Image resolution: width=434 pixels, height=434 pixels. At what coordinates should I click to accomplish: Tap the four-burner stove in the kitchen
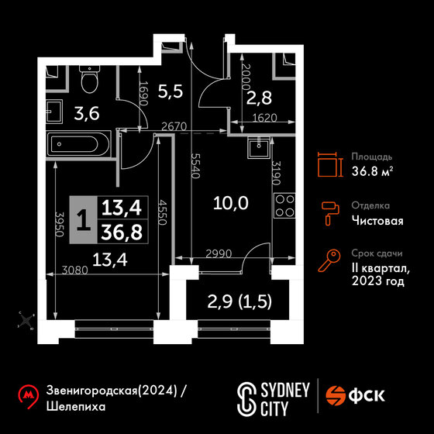point(284,205)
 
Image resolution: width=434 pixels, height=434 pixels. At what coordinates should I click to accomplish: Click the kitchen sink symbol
point(259,148)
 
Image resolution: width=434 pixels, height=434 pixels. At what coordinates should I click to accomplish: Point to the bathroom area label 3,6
point(87,114)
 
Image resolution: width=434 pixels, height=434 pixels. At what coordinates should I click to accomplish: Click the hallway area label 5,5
point(170,91)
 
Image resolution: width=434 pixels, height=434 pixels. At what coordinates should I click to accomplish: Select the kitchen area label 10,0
point(231,203)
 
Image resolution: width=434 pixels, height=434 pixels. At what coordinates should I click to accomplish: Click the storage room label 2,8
point(259,98)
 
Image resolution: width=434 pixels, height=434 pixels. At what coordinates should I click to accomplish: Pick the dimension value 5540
point(195,166)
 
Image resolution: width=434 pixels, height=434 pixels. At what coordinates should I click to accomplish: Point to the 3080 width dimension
point(74,270)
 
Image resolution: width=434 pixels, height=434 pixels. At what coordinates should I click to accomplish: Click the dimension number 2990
point(219,253)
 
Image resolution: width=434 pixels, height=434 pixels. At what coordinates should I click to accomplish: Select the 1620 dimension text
point(264,118)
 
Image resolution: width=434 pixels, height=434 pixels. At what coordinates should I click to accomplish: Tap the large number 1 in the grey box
point(84,220)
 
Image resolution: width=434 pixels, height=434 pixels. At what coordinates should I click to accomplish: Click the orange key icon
point(329,260)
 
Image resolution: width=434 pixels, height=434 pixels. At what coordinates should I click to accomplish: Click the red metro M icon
point(28,396)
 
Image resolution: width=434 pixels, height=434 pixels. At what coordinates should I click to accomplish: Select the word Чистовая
point(377,222)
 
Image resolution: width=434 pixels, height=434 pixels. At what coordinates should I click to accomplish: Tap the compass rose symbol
point(26,321)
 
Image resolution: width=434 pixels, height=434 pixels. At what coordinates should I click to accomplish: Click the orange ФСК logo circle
point(335,396)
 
